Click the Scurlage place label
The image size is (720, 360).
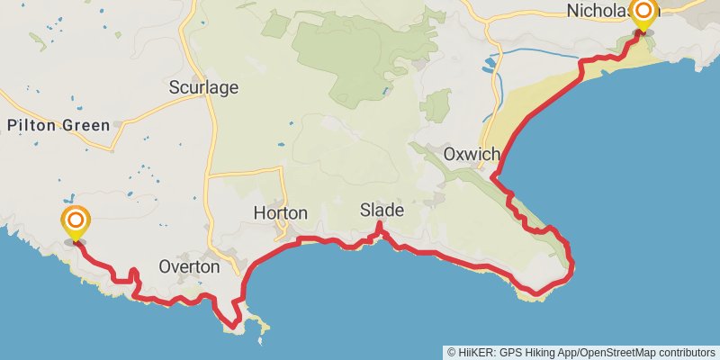[203, 87]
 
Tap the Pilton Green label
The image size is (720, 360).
[58, 125]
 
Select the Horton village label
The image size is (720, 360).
[281, 213]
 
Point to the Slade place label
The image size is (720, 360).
[382, 210]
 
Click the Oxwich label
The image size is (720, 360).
[471, 155]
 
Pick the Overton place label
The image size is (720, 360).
[188, 266]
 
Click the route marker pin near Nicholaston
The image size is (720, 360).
[643, 13]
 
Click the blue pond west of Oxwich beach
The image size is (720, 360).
[490, 63]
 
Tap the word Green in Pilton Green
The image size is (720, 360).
[86, 125]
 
